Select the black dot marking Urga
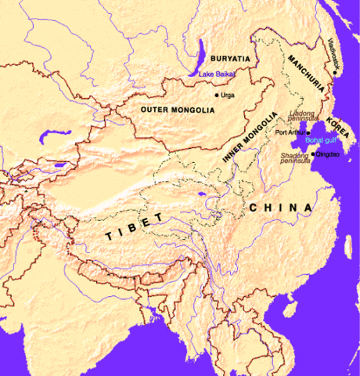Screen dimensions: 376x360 (x=217, y=95)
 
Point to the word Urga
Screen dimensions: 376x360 (x=228, y=95)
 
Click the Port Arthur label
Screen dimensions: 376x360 (x=290, y=132)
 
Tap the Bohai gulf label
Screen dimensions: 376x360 (x=320, y=140)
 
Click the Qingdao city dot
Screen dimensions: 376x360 (x=312, y=154)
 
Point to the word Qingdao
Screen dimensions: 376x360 (x=327, y=154)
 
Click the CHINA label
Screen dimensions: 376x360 (x=281, y=208)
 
